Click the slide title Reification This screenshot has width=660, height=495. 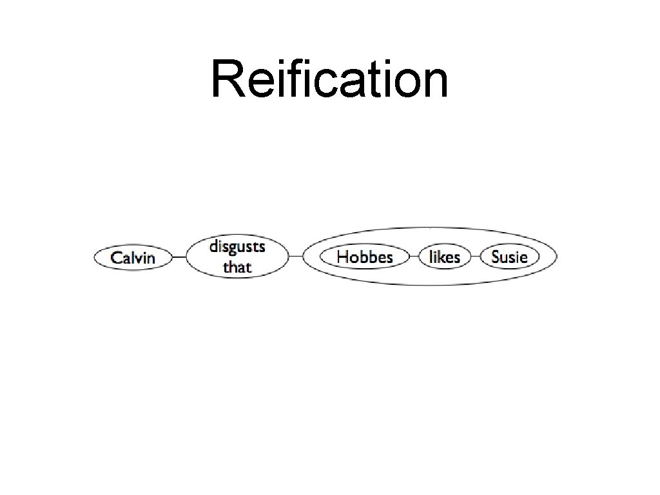329,79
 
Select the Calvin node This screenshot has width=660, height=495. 133,258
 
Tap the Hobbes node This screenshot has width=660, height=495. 365,257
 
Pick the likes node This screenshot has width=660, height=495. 445,257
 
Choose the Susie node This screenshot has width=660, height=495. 509,257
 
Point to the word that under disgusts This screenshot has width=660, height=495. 237,266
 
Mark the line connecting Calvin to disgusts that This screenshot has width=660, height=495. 179,258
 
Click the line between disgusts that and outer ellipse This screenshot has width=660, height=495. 295,257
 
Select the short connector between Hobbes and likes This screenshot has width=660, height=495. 415,257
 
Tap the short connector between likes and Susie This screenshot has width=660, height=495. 475,257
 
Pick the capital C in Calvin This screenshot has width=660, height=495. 117,258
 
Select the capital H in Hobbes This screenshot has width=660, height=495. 344,257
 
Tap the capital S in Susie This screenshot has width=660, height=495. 496,257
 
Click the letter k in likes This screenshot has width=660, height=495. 443,257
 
